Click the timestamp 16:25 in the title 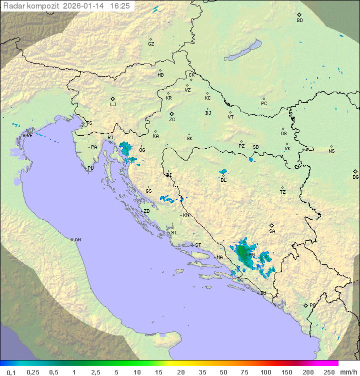(x=119, y=6)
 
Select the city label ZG (x=172, y=120)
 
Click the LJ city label (x=113, y=105)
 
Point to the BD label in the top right (x=299, y=21)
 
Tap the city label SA (x=272, y=231)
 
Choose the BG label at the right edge (x=355, y=177)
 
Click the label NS (x=331, y=151)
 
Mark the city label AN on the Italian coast (x=77, y=240)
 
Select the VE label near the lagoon (x=29, y=135)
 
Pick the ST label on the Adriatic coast (x=198, y=245)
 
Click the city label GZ (x=151, y=44)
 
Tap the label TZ (x=283, y=192)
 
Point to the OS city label (x=283, y=134)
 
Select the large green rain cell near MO (x=244, y=254)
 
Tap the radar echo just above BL (x=223, y=172)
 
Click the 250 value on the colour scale (x=329, y=372)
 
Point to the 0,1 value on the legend (x=11, y=372)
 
